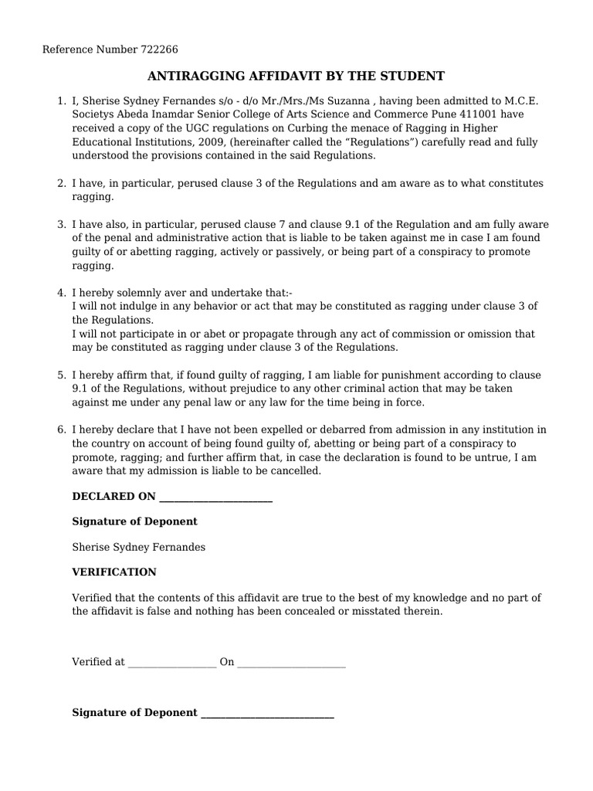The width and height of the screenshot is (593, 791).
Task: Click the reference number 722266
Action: click(x=160, y=50)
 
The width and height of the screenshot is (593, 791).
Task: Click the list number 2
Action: click(x=61, y=183)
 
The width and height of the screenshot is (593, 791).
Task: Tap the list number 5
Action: click(x=61, y=375)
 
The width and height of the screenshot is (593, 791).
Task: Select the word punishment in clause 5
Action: click(x=418, y=375)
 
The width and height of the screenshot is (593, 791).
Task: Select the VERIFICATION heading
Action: click(x=114, y=572)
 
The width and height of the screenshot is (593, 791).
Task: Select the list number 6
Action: click(x=61, y=429)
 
